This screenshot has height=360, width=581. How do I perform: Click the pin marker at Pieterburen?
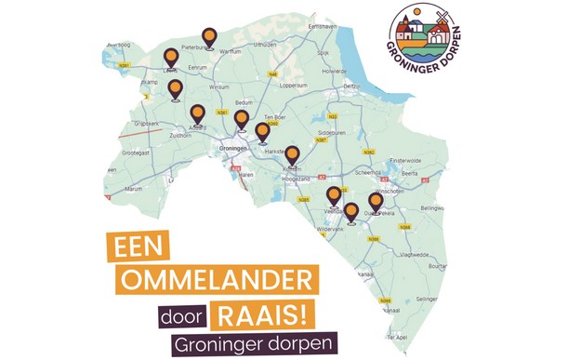pyautogui.click(x=210, y=37)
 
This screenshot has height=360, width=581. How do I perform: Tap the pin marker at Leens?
pyautogui.click(x=170, y=58)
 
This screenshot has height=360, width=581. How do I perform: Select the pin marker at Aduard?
pyautogui.click(x=197, y=114)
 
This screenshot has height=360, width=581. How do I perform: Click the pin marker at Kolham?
pyautogui.click(x=292, y=155)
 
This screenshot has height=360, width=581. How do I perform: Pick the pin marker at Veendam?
pyautogui.click(x=334, y=196)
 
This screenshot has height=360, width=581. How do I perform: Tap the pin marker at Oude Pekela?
pyautogui.click(x=376, y=202)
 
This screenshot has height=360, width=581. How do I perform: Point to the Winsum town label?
pyautogui.click(x=219, y=87)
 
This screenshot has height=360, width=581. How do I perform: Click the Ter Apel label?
pyautogui.click(x=399, y=336)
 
